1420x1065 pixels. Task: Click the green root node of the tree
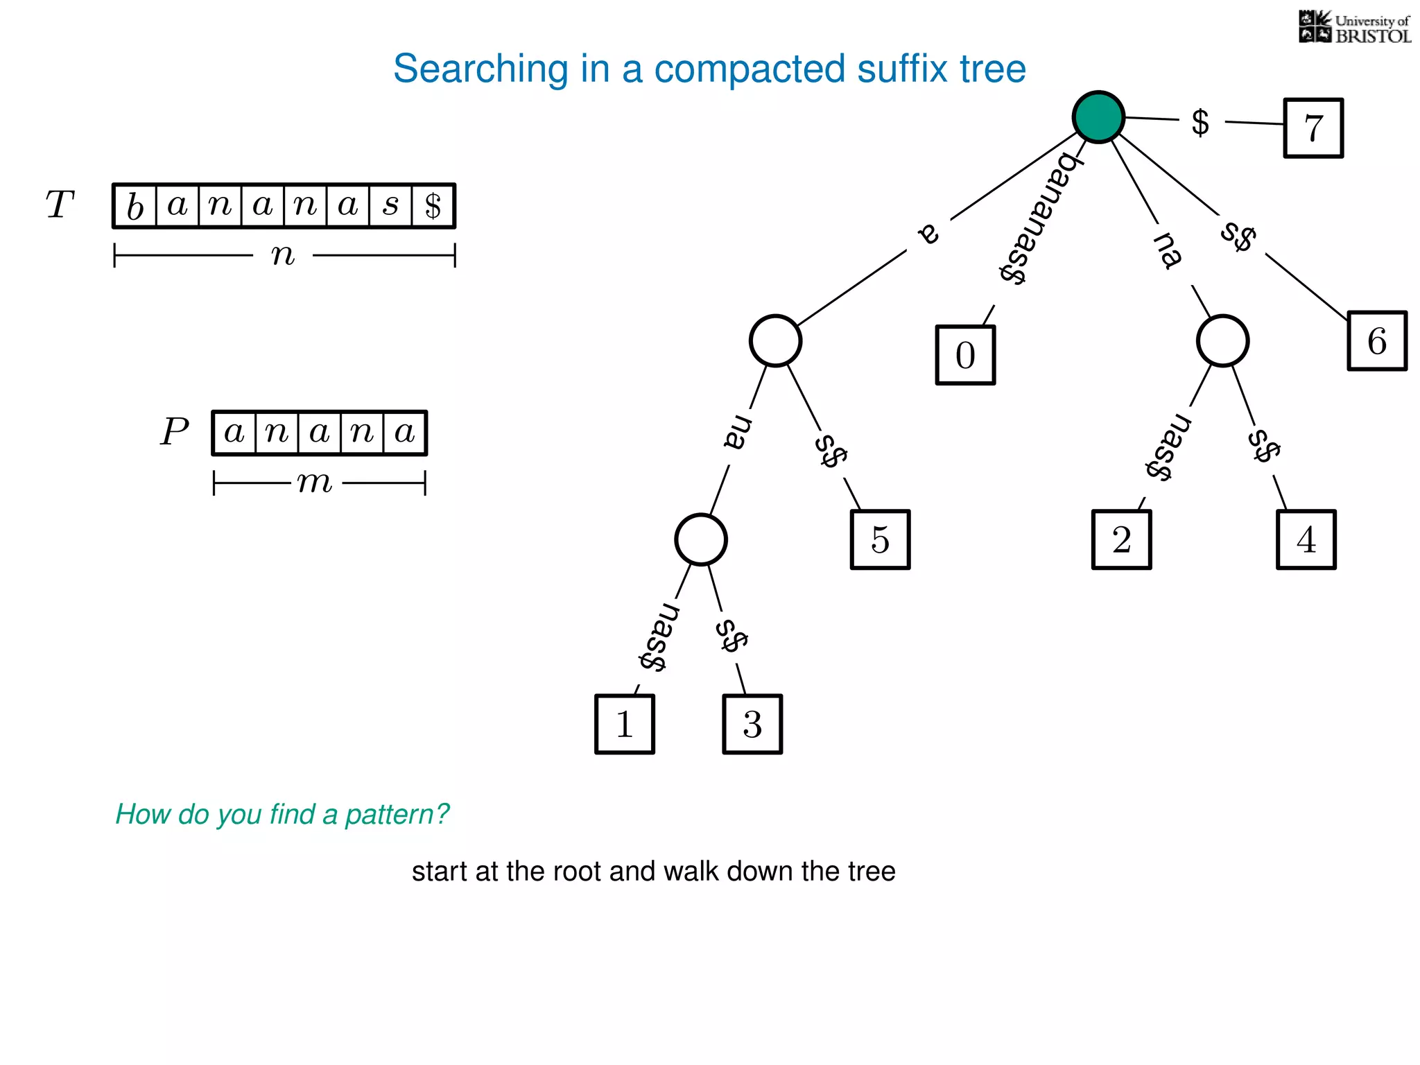click(x=1098, y=117)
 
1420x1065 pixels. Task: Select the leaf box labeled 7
click(x=1313, y=128)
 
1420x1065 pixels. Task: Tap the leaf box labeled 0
click(x=965, y=355)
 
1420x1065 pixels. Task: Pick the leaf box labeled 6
click(x=1377, y=341)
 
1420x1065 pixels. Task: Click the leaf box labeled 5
click(x=880, y=540)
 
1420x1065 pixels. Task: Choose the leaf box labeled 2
click(x=1121, y=540)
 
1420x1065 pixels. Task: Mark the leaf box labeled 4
click(x=1306, y=540)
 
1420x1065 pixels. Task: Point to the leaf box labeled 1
click(x=624, y=725)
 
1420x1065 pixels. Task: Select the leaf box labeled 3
click(x=752, y=725)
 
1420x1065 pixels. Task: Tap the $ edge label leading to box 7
click(x=1200, y=123)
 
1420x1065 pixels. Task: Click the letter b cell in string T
click(x=135, y=207)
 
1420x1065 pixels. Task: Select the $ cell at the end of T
click(x=433, y=207)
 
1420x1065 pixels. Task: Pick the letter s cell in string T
click(x=390, y=205)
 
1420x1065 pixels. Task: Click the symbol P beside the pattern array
click(x=174, y=432)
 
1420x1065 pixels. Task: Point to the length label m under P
click(x=315, y=482)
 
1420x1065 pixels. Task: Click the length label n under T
click(x=283, y=255)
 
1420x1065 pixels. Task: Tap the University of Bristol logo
click(x=1354, y=28)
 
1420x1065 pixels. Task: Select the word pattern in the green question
click(x=396, y=815)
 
